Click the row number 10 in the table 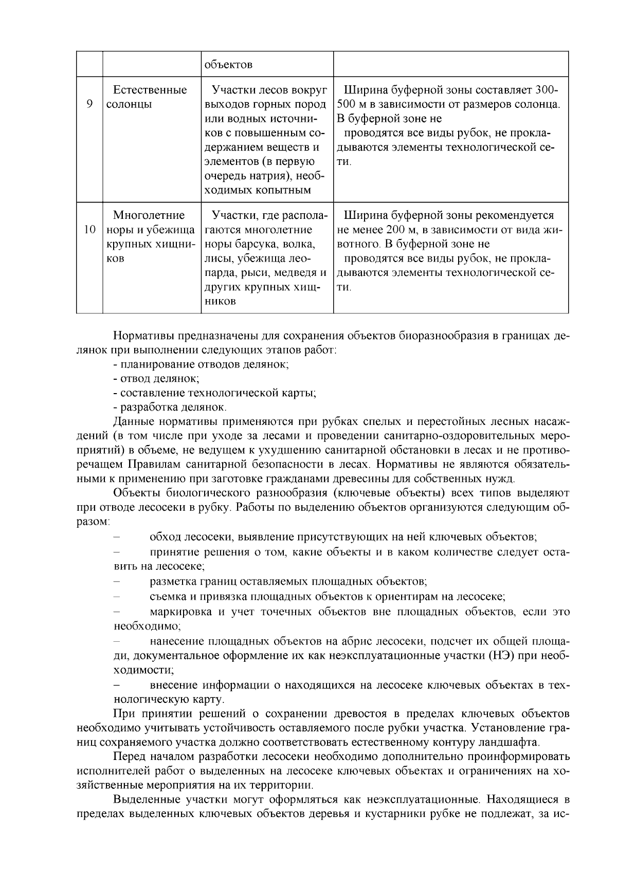pyautogui.click(x=89, y=230)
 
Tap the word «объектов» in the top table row pyautogui.click(x=228, y=65)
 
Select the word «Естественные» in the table pyautogui.click(x=150, y=90)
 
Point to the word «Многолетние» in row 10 pyautogui.click(x=149, y=215)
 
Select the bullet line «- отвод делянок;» pyautogui.click(x=156, y=379)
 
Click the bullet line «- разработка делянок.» pyautogui.click(x=170, y=407)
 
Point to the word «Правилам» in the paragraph pyautogui.click(x=150, y=465)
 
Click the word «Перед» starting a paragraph pyautogui.click(x=130, y=757)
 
